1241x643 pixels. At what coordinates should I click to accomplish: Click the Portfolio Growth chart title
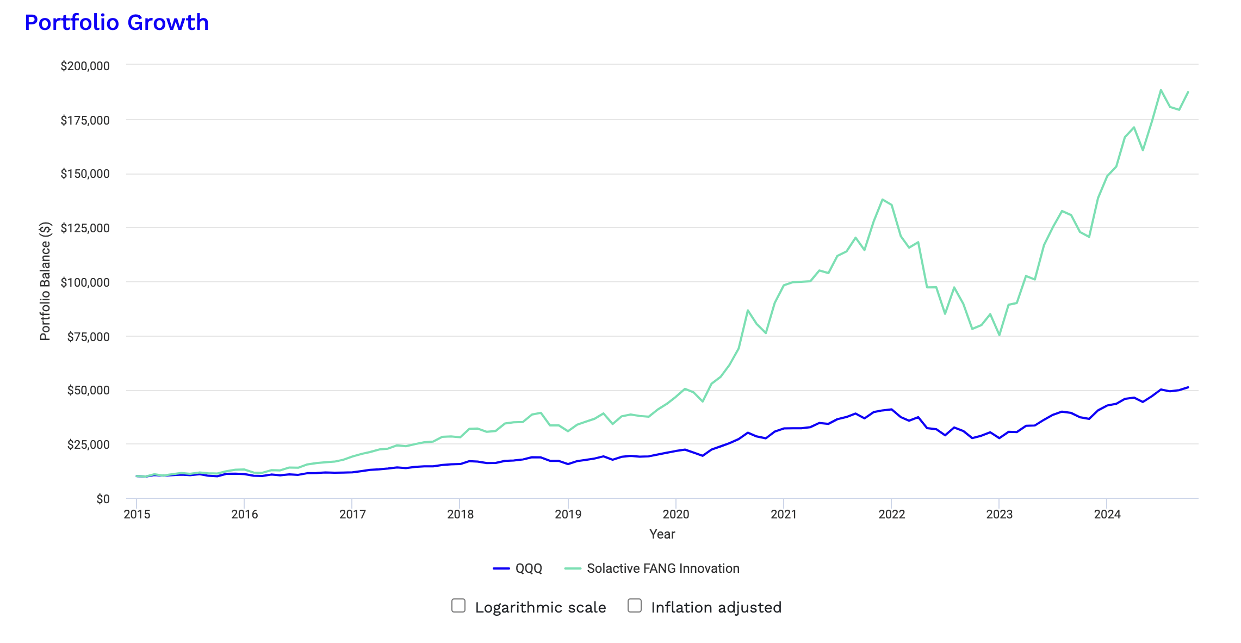coord(116,23)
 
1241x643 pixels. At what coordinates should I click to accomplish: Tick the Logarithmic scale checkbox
coord(458,605)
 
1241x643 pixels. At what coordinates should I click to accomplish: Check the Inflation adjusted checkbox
coord(635,605)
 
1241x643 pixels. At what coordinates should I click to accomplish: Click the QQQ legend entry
coord(518,568)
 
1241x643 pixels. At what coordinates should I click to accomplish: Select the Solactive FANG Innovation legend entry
coord(653,568)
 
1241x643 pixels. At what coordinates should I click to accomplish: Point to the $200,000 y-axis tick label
coord(85,66)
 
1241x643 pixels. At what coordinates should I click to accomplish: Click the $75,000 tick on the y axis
coord(88,337)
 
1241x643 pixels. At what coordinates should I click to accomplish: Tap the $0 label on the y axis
coord(103,499)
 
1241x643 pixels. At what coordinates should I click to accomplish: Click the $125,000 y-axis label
coord(85,228)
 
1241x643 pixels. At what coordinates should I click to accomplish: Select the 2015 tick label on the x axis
coord(137,515)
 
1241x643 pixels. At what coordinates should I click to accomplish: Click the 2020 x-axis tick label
coord(676,515)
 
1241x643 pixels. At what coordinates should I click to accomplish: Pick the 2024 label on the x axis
coord(1107,515)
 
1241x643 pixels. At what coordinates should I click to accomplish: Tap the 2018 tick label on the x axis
coord(460,515)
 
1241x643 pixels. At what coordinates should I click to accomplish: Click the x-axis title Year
coord(662,534)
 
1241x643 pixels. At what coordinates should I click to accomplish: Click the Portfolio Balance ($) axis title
coord(45,281)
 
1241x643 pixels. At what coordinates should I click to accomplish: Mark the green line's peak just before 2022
coord(882,200)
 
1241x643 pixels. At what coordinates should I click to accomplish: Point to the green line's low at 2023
coord(1000,335)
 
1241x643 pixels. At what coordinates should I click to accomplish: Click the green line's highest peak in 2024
coord(1161,90)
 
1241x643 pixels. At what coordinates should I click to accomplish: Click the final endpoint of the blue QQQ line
coord(1188,387)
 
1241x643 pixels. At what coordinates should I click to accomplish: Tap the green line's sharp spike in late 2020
coord(748,311)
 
